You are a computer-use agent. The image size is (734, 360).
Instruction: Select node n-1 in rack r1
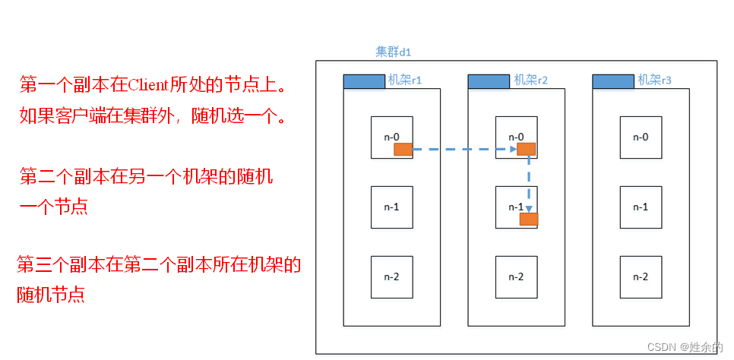(391, 207)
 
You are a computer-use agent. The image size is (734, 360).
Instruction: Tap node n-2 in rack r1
(391, 276)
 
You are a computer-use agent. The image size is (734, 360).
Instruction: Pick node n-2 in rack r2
(516, 276)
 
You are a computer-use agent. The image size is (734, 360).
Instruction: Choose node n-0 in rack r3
(641, 137)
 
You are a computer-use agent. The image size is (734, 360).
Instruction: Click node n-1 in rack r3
(641, 207)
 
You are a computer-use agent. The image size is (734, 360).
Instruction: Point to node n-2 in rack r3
(641, 276)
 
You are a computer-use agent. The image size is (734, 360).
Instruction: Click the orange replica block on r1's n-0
(403, 150)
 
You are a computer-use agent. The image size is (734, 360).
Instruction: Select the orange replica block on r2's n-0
(526, 149)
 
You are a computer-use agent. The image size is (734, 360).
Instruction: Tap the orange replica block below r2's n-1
(529, 219)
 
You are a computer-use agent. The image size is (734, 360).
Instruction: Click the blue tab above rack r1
(364, 81)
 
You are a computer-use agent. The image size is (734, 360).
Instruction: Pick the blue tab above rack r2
(489, 81)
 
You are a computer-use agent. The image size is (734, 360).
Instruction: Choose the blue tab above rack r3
(612, 81)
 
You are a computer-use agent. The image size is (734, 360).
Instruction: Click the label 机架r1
(405, 80)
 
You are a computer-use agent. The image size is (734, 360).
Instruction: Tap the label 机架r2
(531, 80)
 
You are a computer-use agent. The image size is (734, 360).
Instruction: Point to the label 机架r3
(655, 80)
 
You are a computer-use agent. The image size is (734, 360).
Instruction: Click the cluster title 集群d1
(393, 52)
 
